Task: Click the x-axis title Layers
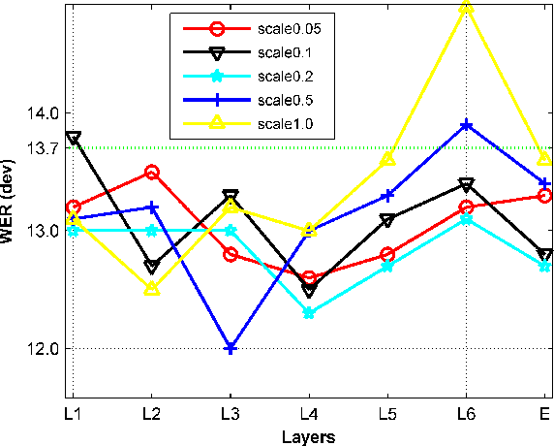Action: [x=309, y=436]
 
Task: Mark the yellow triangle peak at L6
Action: [x=466, y=9]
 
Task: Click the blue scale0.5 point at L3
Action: [x=231, y=348]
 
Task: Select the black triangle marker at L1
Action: [x=74, y=138]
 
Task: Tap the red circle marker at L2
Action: [x=152, y=172]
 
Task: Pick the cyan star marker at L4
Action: [x=309, y=313]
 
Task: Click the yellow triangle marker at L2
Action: [x=152, y=289]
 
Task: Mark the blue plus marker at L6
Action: [x=466, y=125]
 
